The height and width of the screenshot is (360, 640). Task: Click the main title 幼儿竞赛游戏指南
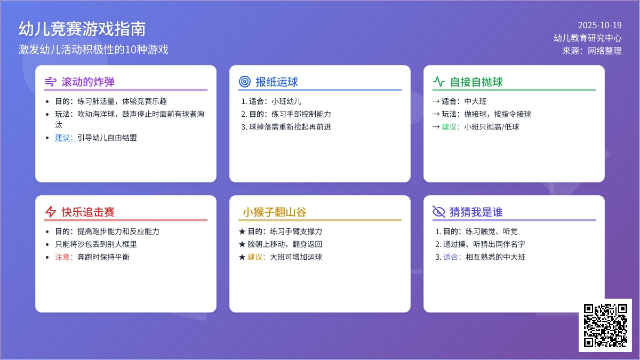[x=82, y=29]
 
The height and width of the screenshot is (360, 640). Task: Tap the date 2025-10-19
[x=599, y=26]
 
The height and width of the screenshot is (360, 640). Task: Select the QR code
[x=605, y=325]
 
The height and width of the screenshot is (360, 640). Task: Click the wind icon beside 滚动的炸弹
[x=51, y=82]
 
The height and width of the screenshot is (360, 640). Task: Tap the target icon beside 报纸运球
[x=245, y=82]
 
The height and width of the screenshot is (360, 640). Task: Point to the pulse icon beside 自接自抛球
[x=439, y=82]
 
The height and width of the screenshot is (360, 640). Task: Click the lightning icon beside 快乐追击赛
[x=51, y=212]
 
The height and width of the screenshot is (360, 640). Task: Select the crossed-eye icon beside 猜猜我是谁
[x=439, y=212]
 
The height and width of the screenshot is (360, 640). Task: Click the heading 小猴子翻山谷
[x=275, y=212]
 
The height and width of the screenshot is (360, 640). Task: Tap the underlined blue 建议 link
[x=66, y=138]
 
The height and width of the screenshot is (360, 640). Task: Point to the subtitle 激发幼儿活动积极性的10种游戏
[x=93, y=50]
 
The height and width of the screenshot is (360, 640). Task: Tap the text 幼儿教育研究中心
[x=587, y=38]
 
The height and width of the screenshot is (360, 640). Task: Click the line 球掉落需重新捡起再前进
[x=290, y=127]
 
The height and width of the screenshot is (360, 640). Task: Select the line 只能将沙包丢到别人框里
[x=96, y=244]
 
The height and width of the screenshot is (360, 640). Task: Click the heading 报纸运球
[x=277, y=82]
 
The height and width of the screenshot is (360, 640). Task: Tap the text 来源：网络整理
[x=591, y=51]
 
